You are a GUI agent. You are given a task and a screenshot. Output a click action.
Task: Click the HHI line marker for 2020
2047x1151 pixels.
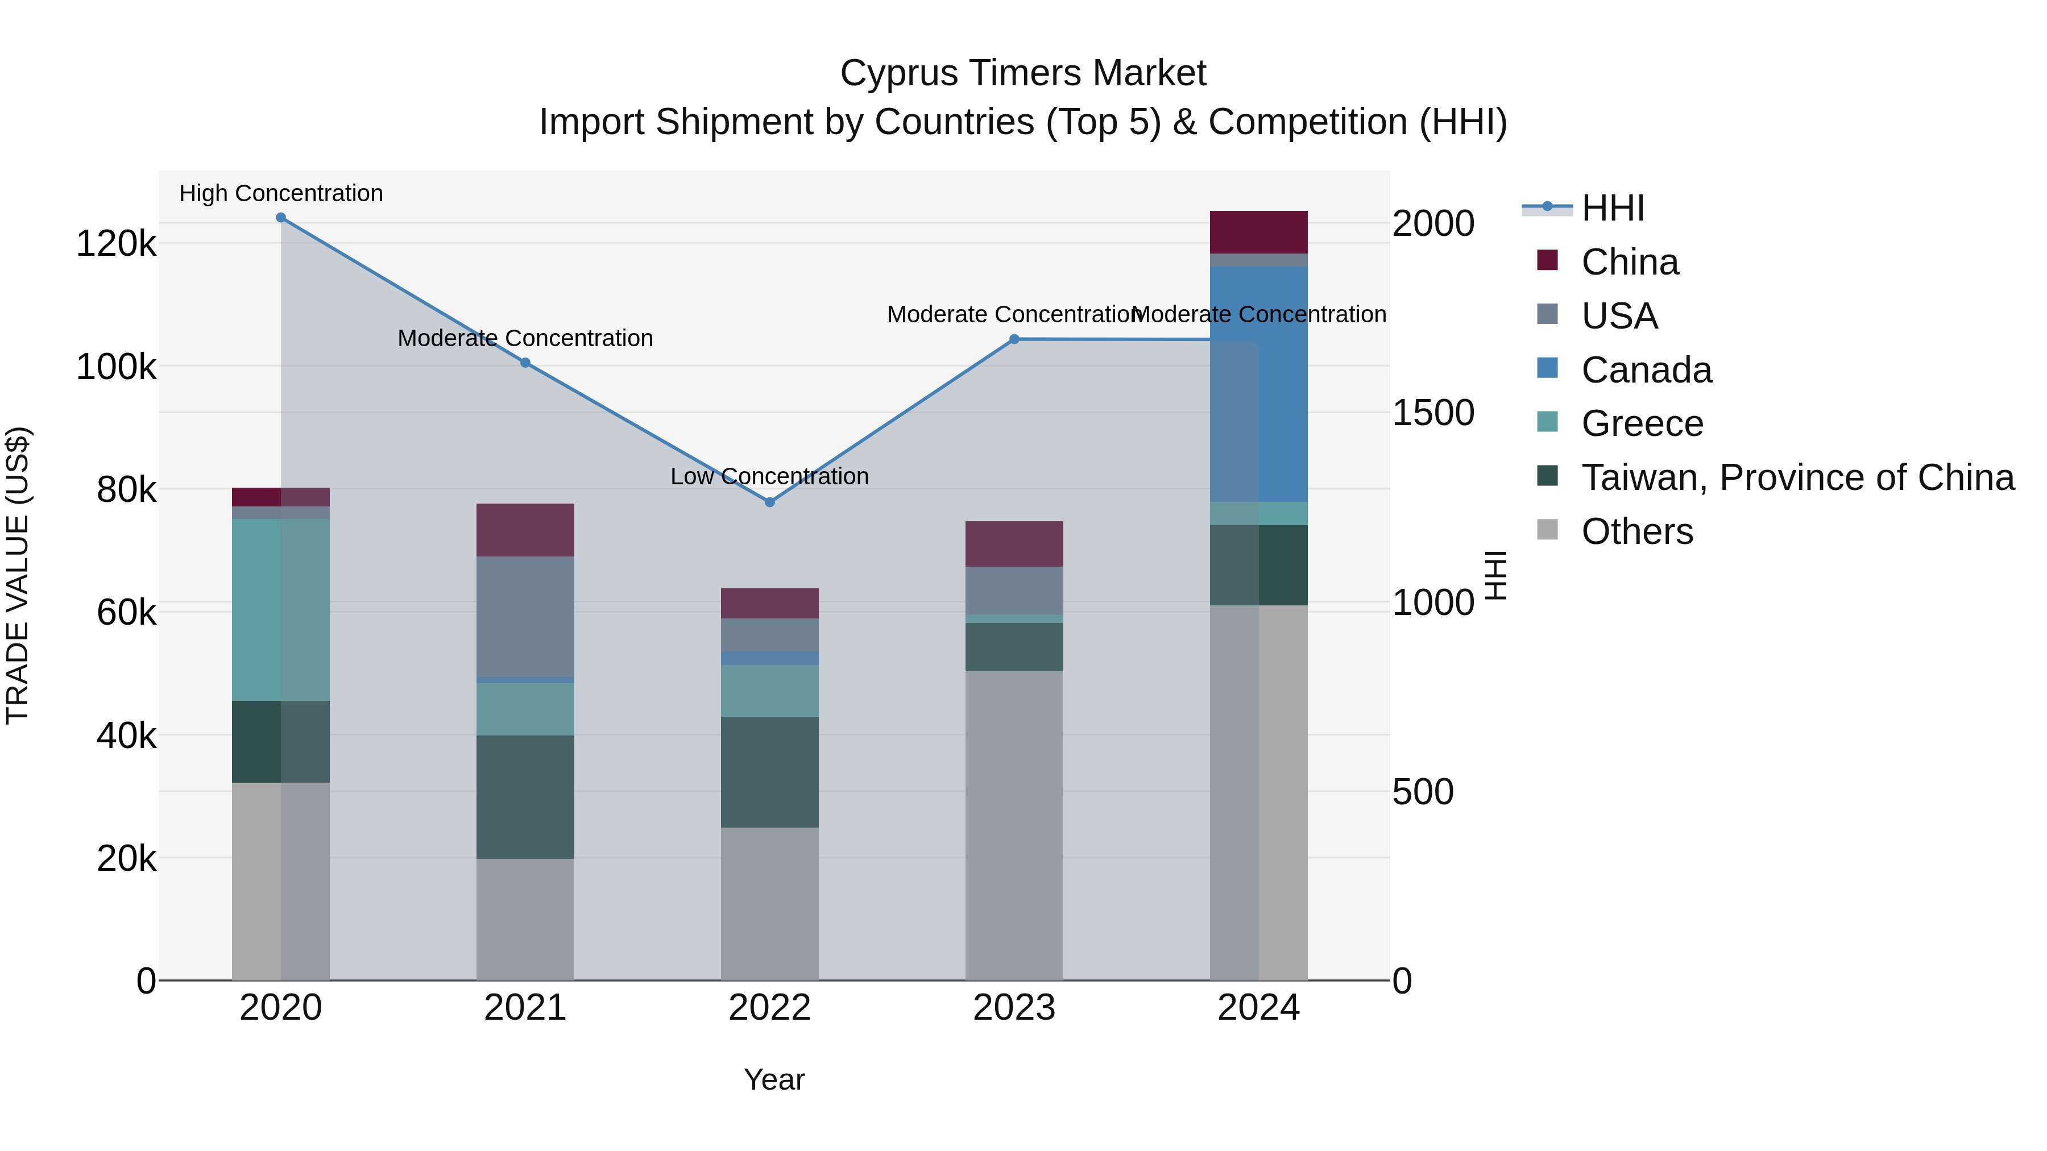pyautogui.click(x=280, y=218)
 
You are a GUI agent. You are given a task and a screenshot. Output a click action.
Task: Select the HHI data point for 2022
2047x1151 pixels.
pyautogui.click(x=769, y=502)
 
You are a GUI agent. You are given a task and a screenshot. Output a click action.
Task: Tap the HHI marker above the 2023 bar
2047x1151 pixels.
pyautogui.click(x=1014, y=339)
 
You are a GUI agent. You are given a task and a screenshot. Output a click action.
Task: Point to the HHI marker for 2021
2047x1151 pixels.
pyautogui.click(x=525, y=363)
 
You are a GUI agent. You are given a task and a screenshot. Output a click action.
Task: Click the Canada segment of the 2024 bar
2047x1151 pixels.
pyautogui.click(x=1259, y=384)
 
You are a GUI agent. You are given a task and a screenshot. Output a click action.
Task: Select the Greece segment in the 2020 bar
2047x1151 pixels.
pyautogui.click(x=280, y=609)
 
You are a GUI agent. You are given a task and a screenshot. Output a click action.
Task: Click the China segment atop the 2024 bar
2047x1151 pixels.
pyautogui.click(x=1259, y=232)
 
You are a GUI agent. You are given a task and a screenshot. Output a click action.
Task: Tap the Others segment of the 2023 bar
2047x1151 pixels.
pyautogui.click(x=1014, y=825)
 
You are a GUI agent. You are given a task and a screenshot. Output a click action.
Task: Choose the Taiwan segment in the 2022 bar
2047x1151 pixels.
pyautogui.click(x=769, y=772)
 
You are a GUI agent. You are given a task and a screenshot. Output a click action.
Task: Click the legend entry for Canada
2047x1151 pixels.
pyautogui.click(x=1646, y=370)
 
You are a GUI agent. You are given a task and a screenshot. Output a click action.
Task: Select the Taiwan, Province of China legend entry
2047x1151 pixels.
pyautogui.click(x=1797, y=477)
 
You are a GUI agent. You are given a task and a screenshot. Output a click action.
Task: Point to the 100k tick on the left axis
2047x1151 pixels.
pyautogui.click(x=116, y=368)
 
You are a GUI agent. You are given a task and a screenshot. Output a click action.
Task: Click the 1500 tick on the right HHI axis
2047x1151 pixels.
pyautogui.click(x=1433, y=413)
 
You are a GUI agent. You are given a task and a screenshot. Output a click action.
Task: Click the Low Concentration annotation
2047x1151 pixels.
pyautogui.click(x=769, y=477)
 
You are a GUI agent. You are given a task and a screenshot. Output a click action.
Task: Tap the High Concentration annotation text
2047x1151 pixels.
pyautogui.click(x=280, y=194)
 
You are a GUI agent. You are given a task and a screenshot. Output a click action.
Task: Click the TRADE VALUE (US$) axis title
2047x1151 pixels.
pyautogui.click(x=18, y=575)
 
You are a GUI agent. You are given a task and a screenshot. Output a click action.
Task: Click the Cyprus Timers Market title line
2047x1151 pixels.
pyautogui.click(x=1023, y=73)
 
